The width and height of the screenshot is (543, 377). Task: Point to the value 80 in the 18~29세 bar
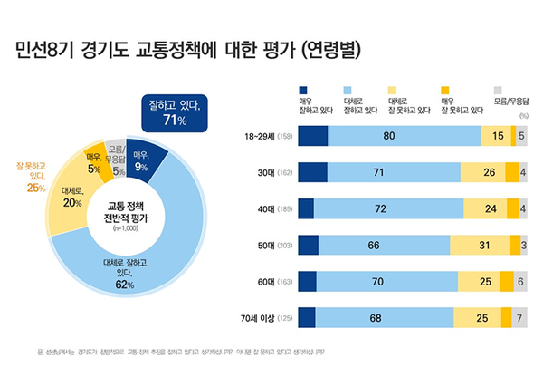[389, 137]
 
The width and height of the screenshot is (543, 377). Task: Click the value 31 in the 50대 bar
[485, 245]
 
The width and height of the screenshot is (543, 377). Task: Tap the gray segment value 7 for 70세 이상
[520, 317]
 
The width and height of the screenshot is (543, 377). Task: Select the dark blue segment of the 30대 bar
[311, 173]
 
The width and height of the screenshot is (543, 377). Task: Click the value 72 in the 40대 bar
[381, 209]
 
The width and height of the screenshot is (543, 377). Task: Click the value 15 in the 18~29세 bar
[497, 137]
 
